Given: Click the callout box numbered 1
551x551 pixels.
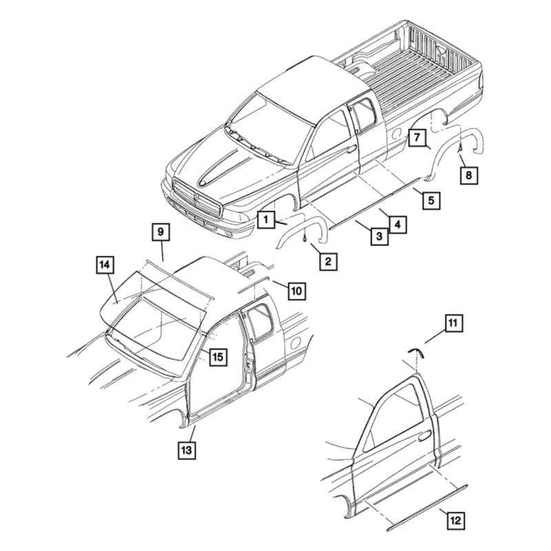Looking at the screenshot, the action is pos(266,220).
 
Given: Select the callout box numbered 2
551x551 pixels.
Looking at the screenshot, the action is pos(329,262).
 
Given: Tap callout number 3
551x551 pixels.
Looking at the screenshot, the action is pos(380,236).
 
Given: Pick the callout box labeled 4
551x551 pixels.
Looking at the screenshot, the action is pos(397,225).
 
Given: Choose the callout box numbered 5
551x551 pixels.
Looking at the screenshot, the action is pos(431,200).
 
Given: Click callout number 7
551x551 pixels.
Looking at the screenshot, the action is pos(417,137).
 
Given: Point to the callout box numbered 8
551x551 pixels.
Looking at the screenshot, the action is pos(469,175).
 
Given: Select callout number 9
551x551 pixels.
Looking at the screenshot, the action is pos(160,232).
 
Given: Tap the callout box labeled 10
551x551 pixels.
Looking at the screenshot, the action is pos(297,291).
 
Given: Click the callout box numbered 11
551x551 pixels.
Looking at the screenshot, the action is pos(453,323).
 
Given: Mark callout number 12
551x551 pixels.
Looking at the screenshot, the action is pos(456,521).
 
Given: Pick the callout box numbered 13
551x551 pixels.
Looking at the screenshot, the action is pos(187,450).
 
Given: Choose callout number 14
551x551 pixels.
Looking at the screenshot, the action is pos(105,265).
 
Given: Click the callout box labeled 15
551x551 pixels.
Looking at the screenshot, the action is pos(218,357).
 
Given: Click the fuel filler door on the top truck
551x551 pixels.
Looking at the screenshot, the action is pos(397,133).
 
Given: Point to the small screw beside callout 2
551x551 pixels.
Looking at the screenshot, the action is pos(304,238).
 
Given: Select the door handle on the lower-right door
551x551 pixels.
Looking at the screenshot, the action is pos(425,435).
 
